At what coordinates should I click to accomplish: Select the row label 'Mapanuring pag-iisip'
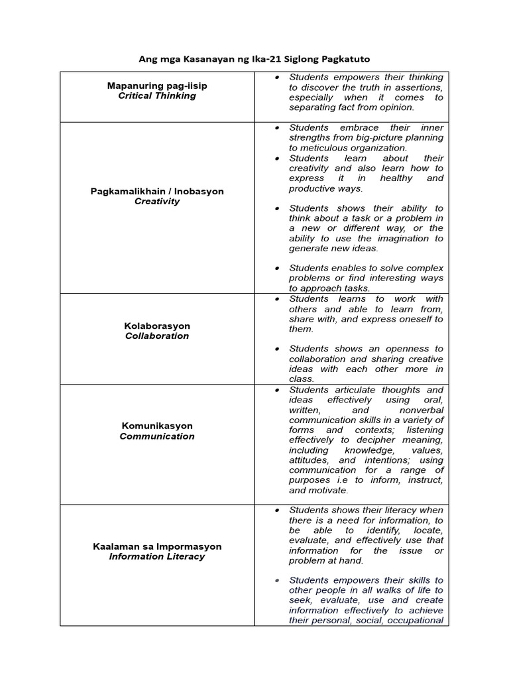(157, 86)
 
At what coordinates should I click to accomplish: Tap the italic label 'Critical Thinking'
(157, 95)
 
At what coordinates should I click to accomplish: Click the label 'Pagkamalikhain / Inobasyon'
(157, 191)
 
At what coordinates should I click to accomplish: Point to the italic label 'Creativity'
(157, 201)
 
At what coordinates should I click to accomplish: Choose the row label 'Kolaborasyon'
(157, 326)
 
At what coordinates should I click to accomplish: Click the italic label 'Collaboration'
(157, 336)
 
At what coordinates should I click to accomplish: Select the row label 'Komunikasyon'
(157, 426)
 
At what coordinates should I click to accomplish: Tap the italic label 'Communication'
(157, 436)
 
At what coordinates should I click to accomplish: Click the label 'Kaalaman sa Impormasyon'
(157, 546)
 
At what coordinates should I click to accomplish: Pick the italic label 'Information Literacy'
(157, 556)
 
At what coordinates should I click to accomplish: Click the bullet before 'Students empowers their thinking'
(277, 78)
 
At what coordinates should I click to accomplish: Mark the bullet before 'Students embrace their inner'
(277, 127)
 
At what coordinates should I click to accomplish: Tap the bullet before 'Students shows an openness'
(277, 349)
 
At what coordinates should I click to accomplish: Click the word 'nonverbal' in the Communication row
(422, 410)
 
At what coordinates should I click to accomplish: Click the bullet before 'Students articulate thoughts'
(277, 390)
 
